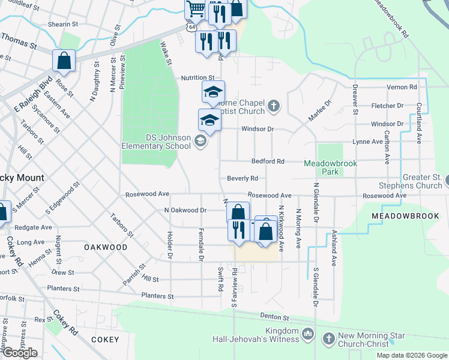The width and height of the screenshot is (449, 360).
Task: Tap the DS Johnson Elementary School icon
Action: point(200,142)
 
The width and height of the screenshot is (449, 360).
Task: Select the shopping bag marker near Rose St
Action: point(64,61)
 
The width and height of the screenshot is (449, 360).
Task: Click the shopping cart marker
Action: point(195,9)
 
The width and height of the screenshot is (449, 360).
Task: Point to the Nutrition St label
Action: point(197,78)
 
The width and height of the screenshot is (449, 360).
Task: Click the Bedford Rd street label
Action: point(268,161)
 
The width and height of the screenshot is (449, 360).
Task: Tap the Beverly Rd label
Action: point(243,178)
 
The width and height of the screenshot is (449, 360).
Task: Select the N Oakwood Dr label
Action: point(185,211)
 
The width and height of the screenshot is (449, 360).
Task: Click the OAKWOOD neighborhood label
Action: point(106,247)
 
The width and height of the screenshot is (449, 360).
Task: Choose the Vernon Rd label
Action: point(402,87)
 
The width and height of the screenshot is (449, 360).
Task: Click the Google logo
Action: point(20,352)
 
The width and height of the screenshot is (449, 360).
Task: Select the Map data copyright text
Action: point(411,355)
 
